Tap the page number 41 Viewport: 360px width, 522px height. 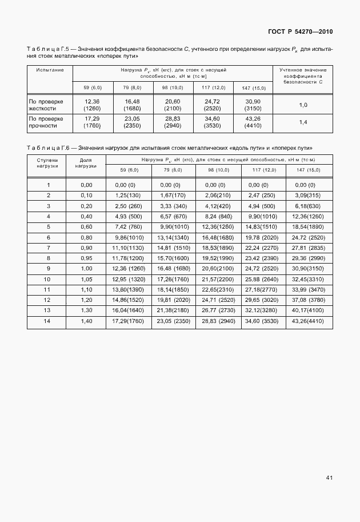click(x=329, y=477)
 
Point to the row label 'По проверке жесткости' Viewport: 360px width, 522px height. click(x=46, y=105)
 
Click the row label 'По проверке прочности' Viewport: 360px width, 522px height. click(x=46, y=122)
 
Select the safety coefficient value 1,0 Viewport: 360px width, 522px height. click(x=303, y=105)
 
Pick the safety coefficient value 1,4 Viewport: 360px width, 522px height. click(x=303, y=122)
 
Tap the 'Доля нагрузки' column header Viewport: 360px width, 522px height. click(x=86, y=164)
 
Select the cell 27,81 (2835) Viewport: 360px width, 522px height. click(x=309, y=247)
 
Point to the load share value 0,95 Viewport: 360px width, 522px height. click(x=86, y=258)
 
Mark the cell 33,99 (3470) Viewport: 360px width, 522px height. click(x=309, y=289)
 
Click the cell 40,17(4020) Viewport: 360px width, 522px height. click(x=309, y=310)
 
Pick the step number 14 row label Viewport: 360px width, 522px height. click(x=48, y=321)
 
